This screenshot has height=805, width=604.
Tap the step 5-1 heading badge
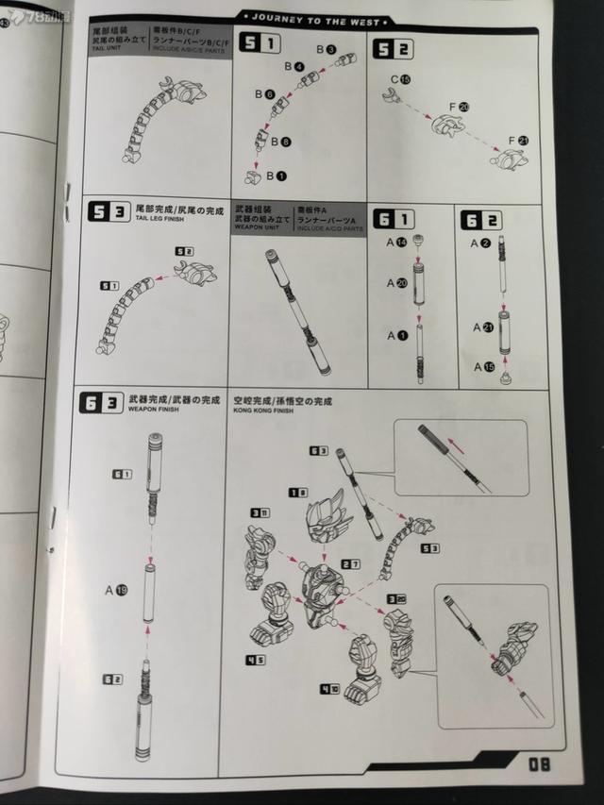click(259, 42)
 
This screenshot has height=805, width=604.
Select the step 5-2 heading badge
click(393, 49)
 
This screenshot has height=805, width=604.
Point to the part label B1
click(275, 176)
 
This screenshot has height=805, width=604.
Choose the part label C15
click(400, 80)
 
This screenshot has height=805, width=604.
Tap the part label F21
click(518, 141)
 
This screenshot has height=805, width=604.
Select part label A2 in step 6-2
click(480, 243)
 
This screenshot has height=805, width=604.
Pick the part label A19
click(116, 591)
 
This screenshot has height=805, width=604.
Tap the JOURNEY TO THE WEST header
click(316, 20)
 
